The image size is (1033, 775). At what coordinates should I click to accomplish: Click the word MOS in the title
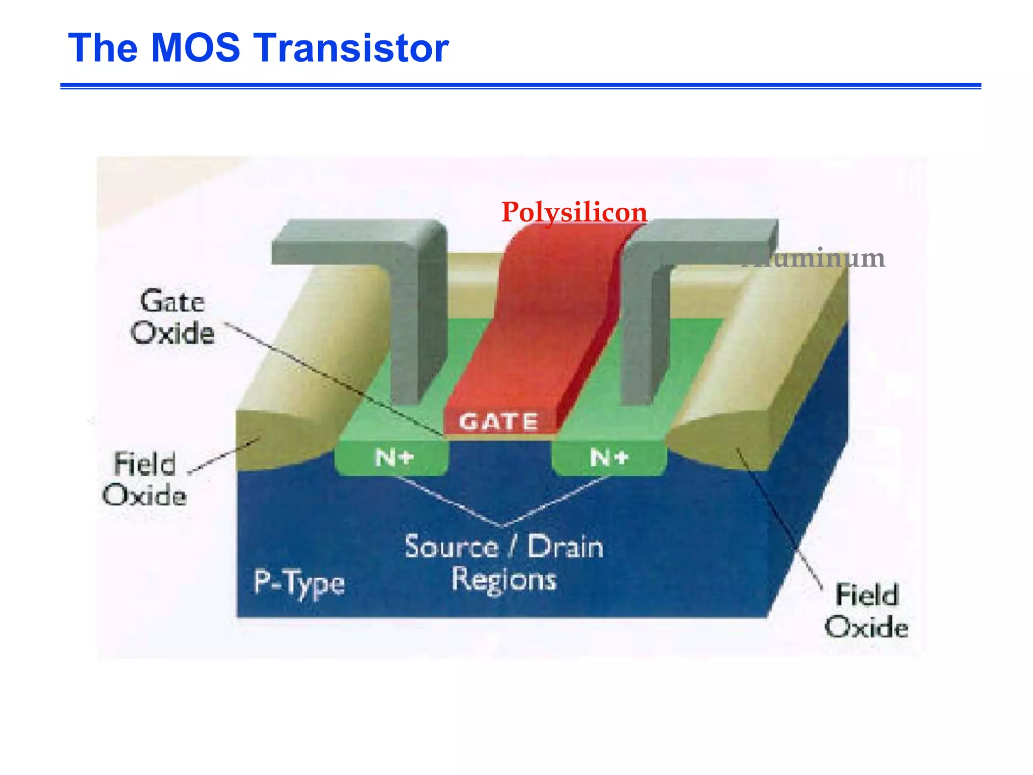coord(195,48)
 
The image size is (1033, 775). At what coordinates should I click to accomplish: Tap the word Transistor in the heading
coord(353,48)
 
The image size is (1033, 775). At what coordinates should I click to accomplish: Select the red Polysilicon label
coord(574,212)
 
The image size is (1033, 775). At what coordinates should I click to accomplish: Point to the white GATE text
coord(498,422)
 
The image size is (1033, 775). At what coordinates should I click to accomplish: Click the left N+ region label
coord(394,458)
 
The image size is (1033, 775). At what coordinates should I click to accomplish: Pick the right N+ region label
coord(609,458)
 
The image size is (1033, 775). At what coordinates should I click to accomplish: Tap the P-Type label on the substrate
coord(299,583)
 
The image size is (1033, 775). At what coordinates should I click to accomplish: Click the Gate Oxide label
coord(173,317)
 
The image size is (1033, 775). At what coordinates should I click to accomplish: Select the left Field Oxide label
coord(145,479)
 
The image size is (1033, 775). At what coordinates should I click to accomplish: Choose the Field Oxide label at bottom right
coord(867,611)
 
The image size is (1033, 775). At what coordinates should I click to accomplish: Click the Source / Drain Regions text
coord(504,563)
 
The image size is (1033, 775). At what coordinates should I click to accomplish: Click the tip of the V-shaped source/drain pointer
coord(502,526)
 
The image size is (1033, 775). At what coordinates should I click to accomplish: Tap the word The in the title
coord(103,48)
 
